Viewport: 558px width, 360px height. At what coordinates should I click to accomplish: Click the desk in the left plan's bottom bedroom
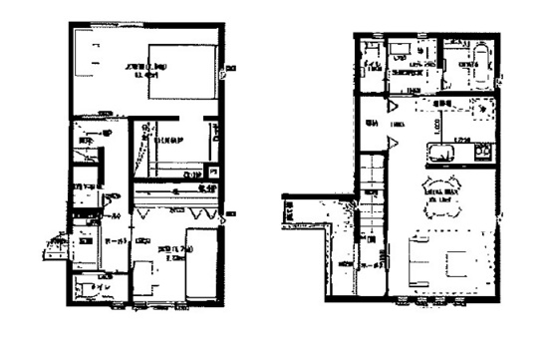145,271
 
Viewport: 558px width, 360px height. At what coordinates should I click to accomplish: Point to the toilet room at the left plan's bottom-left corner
94,287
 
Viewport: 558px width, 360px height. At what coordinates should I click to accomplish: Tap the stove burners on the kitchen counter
482,152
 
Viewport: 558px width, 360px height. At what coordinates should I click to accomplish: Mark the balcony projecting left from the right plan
305,211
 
